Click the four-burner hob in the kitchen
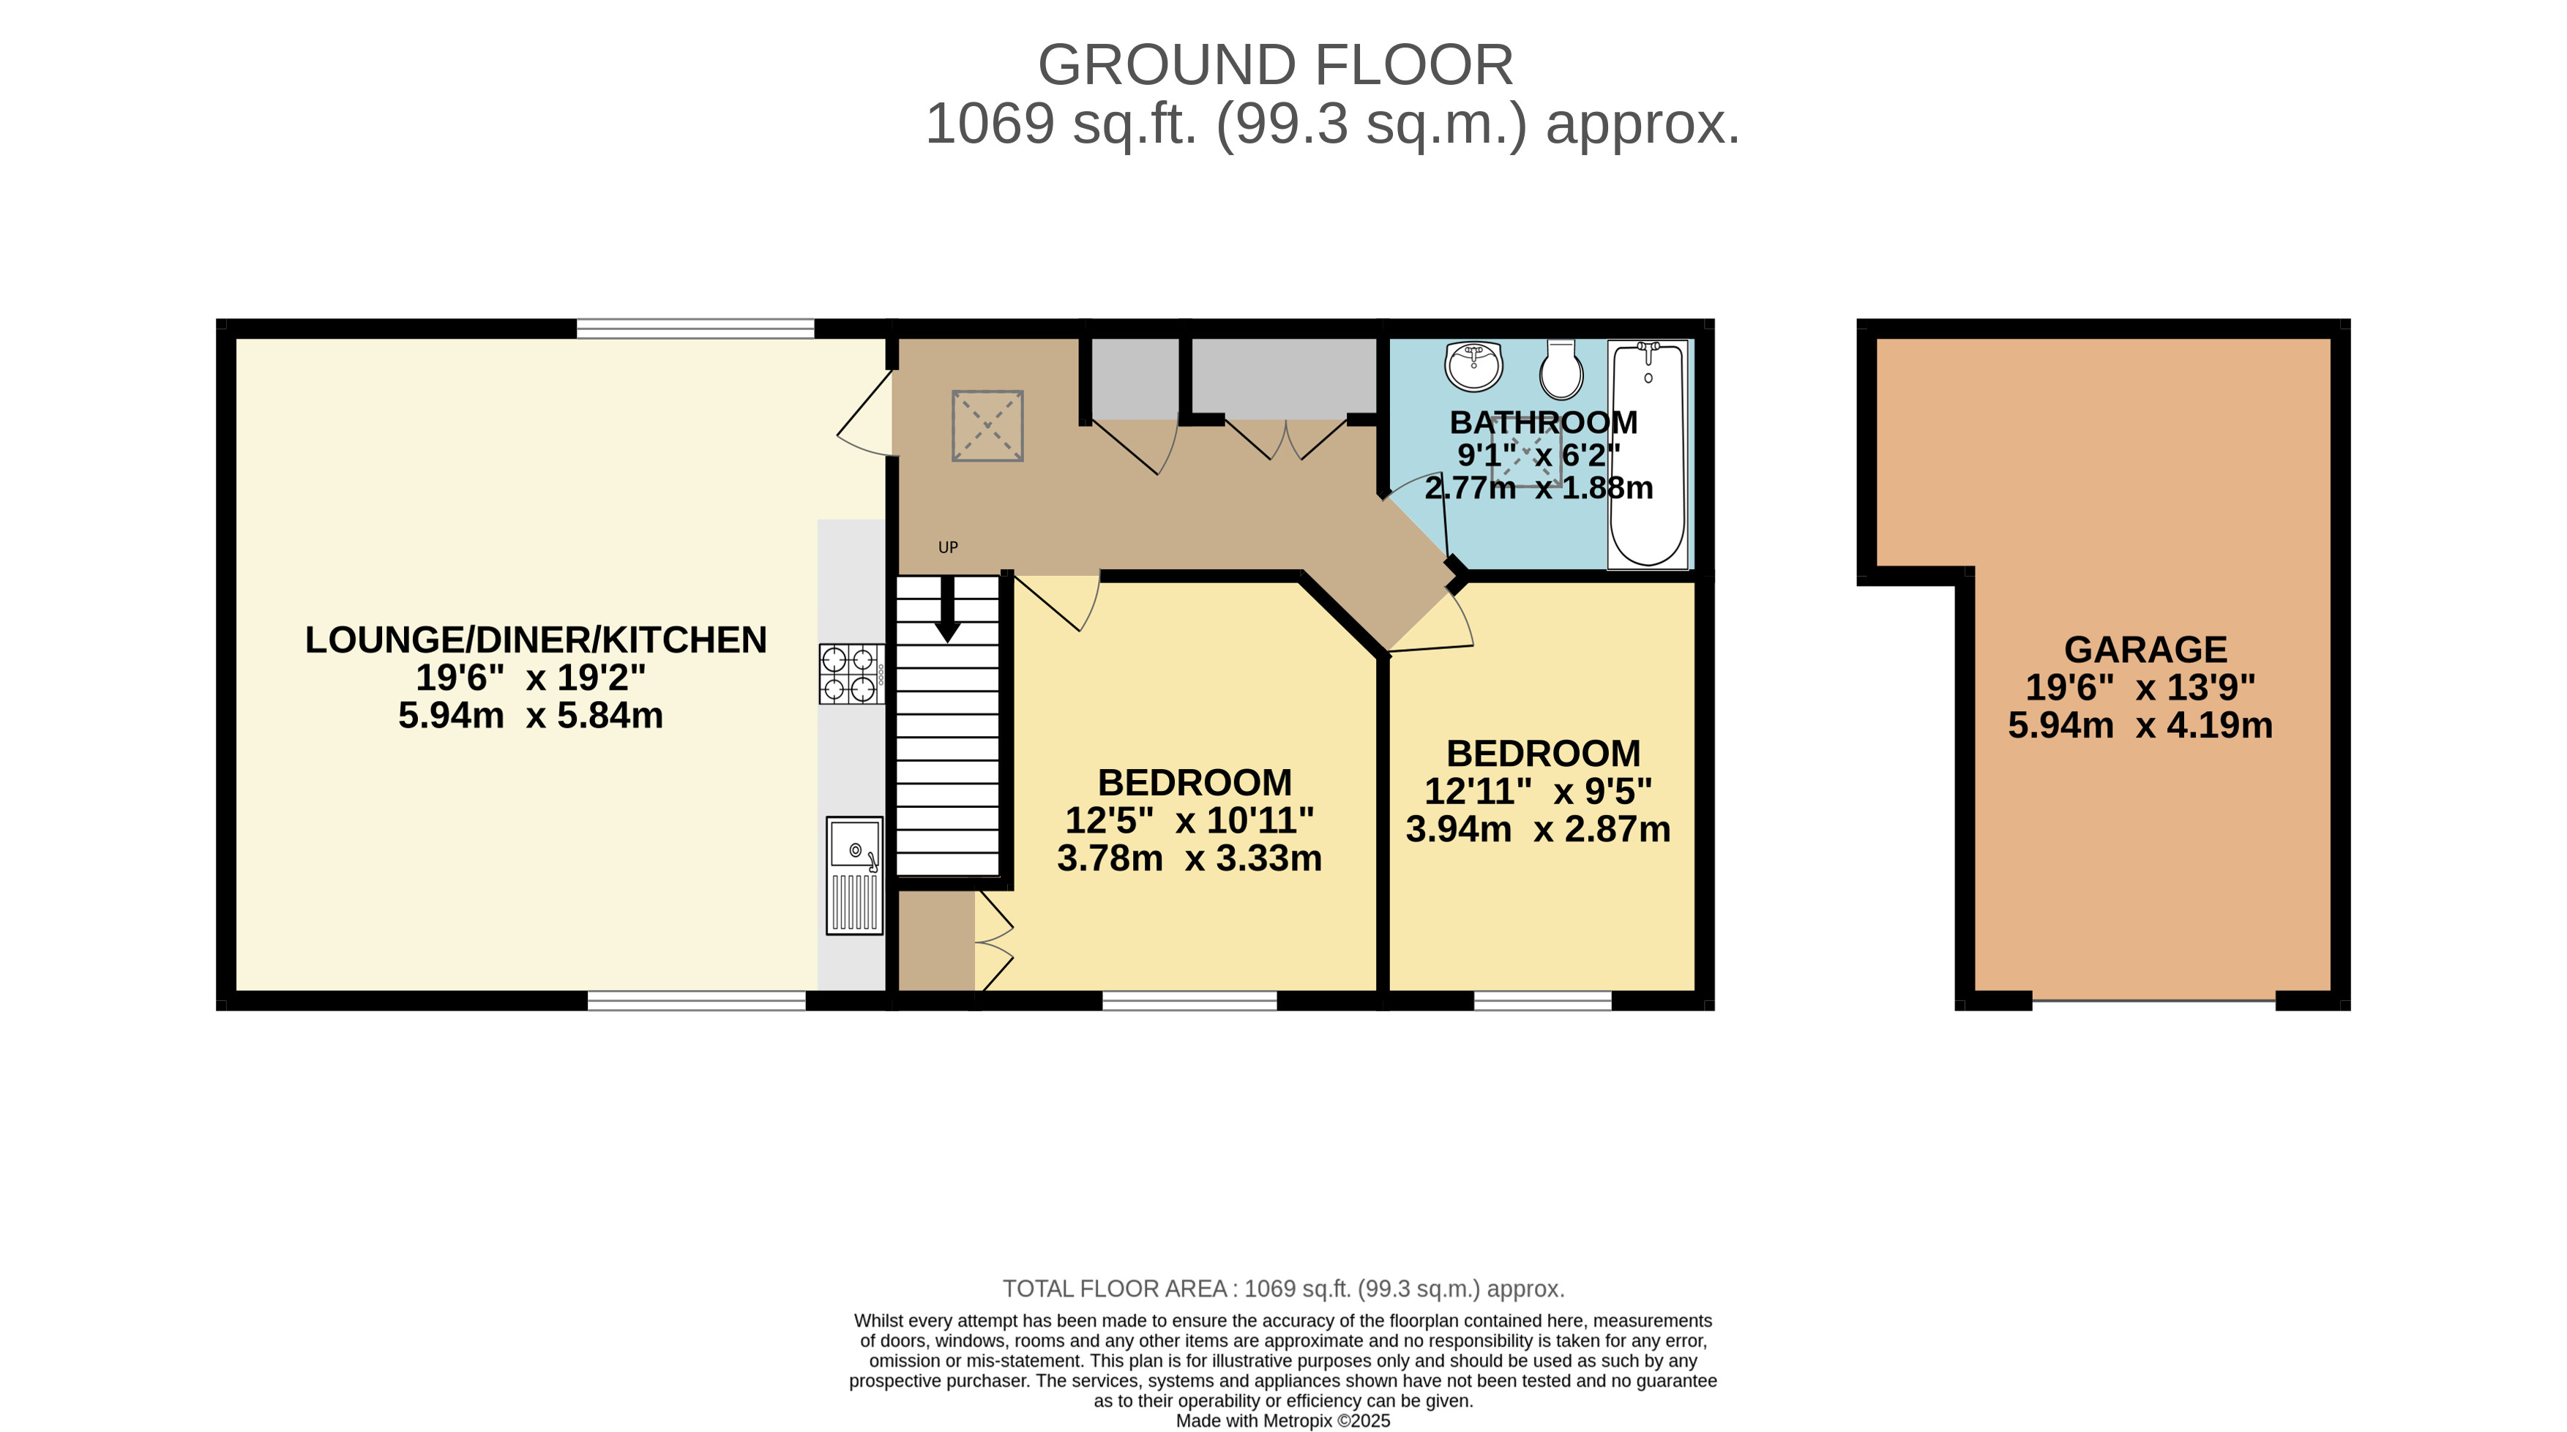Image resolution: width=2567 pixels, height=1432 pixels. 852,674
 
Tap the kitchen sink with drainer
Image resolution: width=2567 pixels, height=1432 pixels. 855,876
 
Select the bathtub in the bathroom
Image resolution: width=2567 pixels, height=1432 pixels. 1648,454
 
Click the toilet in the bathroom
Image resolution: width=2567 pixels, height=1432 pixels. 1561,370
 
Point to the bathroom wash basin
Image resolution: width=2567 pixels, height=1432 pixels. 1474,366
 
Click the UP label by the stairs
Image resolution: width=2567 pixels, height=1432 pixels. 948,547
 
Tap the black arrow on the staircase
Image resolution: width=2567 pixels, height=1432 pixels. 948,608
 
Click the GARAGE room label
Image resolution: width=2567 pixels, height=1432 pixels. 2145,650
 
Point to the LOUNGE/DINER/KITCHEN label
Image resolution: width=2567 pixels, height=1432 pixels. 536,640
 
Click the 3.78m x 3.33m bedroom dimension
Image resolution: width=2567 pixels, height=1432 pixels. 1190,858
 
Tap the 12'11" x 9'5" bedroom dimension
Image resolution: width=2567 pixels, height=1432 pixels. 1539,791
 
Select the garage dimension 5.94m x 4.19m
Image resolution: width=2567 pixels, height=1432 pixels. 2140,725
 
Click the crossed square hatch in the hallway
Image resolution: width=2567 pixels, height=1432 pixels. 987,426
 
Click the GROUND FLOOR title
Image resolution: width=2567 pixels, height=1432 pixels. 1276,65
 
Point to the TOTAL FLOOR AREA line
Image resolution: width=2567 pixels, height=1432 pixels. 1284,1289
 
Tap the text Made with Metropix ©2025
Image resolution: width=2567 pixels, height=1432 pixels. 1284,1421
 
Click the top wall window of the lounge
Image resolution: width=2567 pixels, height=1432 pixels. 695,328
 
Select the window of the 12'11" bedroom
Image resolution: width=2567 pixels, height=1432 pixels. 1542,1000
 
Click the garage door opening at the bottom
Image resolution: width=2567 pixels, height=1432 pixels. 2154,1000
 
